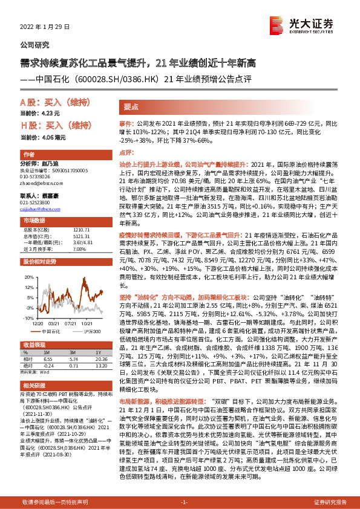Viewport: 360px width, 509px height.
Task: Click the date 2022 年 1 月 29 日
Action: tap(46, 27)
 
